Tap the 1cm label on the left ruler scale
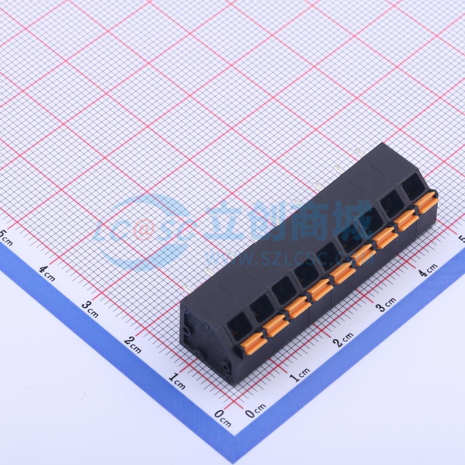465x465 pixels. click(x=177, y=381)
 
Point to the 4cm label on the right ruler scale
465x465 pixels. click(x=429, y=269)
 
